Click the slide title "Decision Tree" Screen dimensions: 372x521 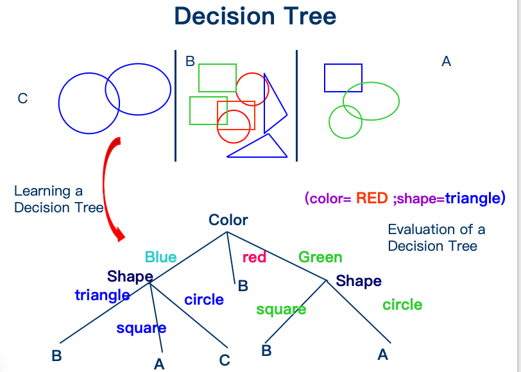click(255, 16)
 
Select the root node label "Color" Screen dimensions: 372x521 click(228, 220)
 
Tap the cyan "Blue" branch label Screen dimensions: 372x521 click(160, 257)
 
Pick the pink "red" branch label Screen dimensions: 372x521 click(254, 258)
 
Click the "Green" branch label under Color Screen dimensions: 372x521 click(320, 257)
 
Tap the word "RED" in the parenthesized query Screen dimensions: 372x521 click(372, 198)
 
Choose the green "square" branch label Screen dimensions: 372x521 click(281, 309)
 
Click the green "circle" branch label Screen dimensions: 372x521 click(402, 305)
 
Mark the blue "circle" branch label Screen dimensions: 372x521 click(204, 300)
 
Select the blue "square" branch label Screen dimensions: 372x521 click(141, 328)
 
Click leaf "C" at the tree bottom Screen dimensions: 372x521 click(225, 360)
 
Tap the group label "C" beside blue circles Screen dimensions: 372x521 click(22, 98)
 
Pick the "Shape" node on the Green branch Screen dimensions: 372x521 click(359, 281)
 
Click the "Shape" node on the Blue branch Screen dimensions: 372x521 click(130, 276)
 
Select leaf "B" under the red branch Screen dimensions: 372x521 click(243, 286)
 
